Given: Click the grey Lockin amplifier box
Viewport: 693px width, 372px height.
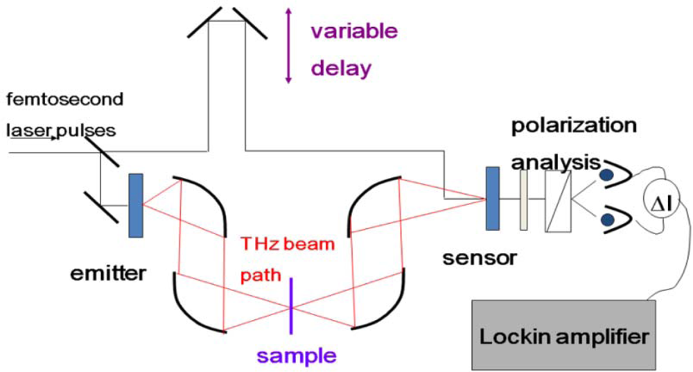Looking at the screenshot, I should pyautogui.click(x=565, y=335).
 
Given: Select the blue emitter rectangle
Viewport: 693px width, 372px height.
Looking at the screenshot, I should pyautogui.click(x=136, y=206).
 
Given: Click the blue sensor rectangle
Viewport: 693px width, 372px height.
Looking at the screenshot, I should pyautogui.click(x=493, y=197).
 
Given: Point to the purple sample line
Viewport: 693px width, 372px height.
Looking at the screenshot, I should pyautogui.click(x=292, y=305).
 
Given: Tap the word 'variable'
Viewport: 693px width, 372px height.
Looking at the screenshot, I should pyautogui.click(x=353, y=31).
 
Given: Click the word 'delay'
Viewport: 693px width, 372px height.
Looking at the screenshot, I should pyautogui.click(x=341, y=68).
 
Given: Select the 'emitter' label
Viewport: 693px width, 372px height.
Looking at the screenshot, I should pyautogui.click(x=108, y=273).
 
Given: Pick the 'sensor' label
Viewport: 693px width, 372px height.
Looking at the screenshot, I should pyautogui.click(x=480, y=258).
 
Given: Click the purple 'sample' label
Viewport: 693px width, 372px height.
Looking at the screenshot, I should pyautogui.click(x=297, y=356).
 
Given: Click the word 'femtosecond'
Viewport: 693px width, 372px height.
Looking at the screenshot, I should pyautogui.click(x=64, y=99).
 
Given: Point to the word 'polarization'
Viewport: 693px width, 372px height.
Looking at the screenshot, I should pyautogui.click(x=574, y=126).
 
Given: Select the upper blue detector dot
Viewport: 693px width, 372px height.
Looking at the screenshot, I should pyautogui.click(x=606, y=176).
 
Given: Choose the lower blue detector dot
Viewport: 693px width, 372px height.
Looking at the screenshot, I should pyautogui.click(x=608, y=220).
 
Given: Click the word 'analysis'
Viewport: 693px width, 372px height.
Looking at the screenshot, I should pyautogui.click(x=554, y=163).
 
